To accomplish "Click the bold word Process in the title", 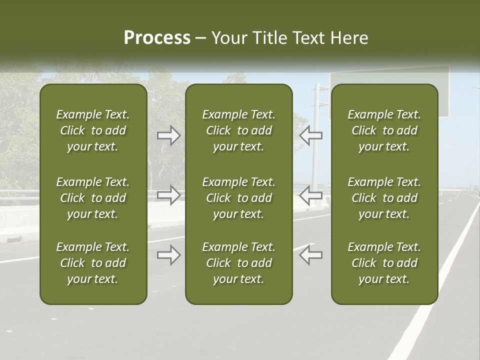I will coord(157,38).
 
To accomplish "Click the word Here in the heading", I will coord(349,38).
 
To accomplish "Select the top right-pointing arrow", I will coord(169,135).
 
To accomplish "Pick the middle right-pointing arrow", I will coord(169,195).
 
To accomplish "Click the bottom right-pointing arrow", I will coord(169,254).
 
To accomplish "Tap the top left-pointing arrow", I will coord(310,135).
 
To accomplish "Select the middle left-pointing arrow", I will coord(310,195).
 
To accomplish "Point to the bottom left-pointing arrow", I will coord(310,254).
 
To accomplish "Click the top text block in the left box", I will coord(93,130).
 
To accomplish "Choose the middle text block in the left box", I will coord(93,198).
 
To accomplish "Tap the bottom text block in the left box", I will coord(93,263).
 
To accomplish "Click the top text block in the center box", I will coord(238,130).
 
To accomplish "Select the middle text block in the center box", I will coord(238,198).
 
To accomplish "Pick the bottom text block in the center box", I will coord(238,263).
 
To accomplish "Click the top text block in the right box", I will coord(384,130).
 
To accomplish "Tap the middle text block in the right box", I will coord(384,198).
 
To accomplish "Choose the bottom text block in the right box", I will coord(384,263).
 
